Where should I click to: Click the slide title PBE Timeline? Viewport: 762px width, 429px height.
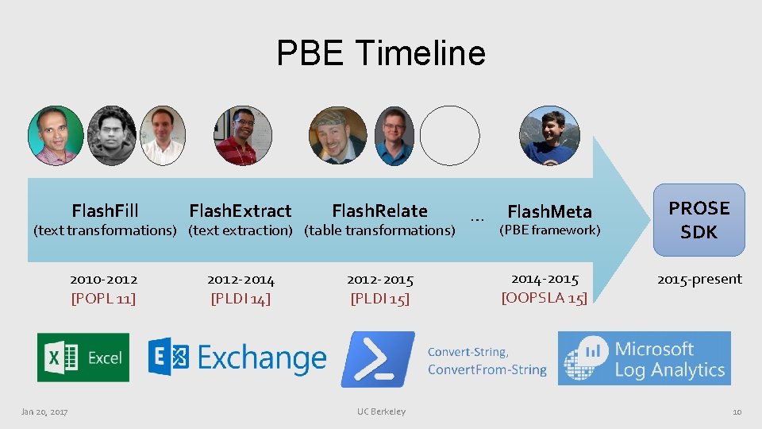(x=381, y=53)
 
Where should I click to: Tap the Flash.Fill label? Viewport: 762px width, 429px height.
(x=105, y=211)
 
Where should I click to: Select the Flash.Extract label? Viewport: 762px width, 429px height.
(x=240, y=211)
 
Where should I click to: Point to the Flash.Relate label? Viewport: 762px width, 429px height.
(x=379, y=211)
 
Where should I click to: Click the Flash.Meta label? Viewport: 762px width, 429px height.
(x=549, y=211)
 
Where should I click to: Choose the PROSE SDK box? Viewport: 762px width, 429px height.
(x=698, y=220)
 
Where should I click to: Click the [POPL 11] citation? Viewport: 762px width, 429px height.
(x=103, y=299)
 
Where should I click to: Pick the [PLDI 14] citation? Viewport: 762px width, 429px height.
(x=241, y=299)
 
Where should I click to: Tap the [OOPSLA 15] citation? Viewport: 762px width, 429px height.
(x=545, y=298)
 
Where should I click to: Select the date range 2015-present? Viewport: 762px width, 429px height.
(x=698, y=279)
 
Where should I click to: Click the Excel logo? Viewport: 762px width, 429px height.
(x=83, y=357)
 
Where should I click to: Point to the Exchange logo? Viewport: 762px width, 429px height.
(x=237, y=358)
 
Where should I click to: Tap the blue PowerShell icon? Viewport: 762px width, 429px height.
(x=377, y=359)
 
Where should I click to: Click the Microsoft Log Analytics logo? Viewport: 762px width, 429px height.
(x=644, y=359)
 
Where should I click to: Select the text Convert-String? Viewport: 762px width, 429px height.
(x=468, y=351)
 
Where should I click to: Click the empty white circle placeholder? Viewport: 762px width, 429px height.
(x=449, y=136)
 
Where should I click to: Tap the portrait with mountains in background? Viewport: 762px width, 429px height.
(x=549, y=136)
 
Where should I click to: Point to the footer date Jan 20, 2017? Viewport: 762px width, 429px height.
(x=44, y=412)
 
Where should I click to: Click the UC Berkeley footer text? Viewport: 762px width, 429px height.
(x=381, y=412)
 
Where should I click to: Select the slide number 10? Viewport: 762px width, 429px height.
(x=737, y=412)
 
